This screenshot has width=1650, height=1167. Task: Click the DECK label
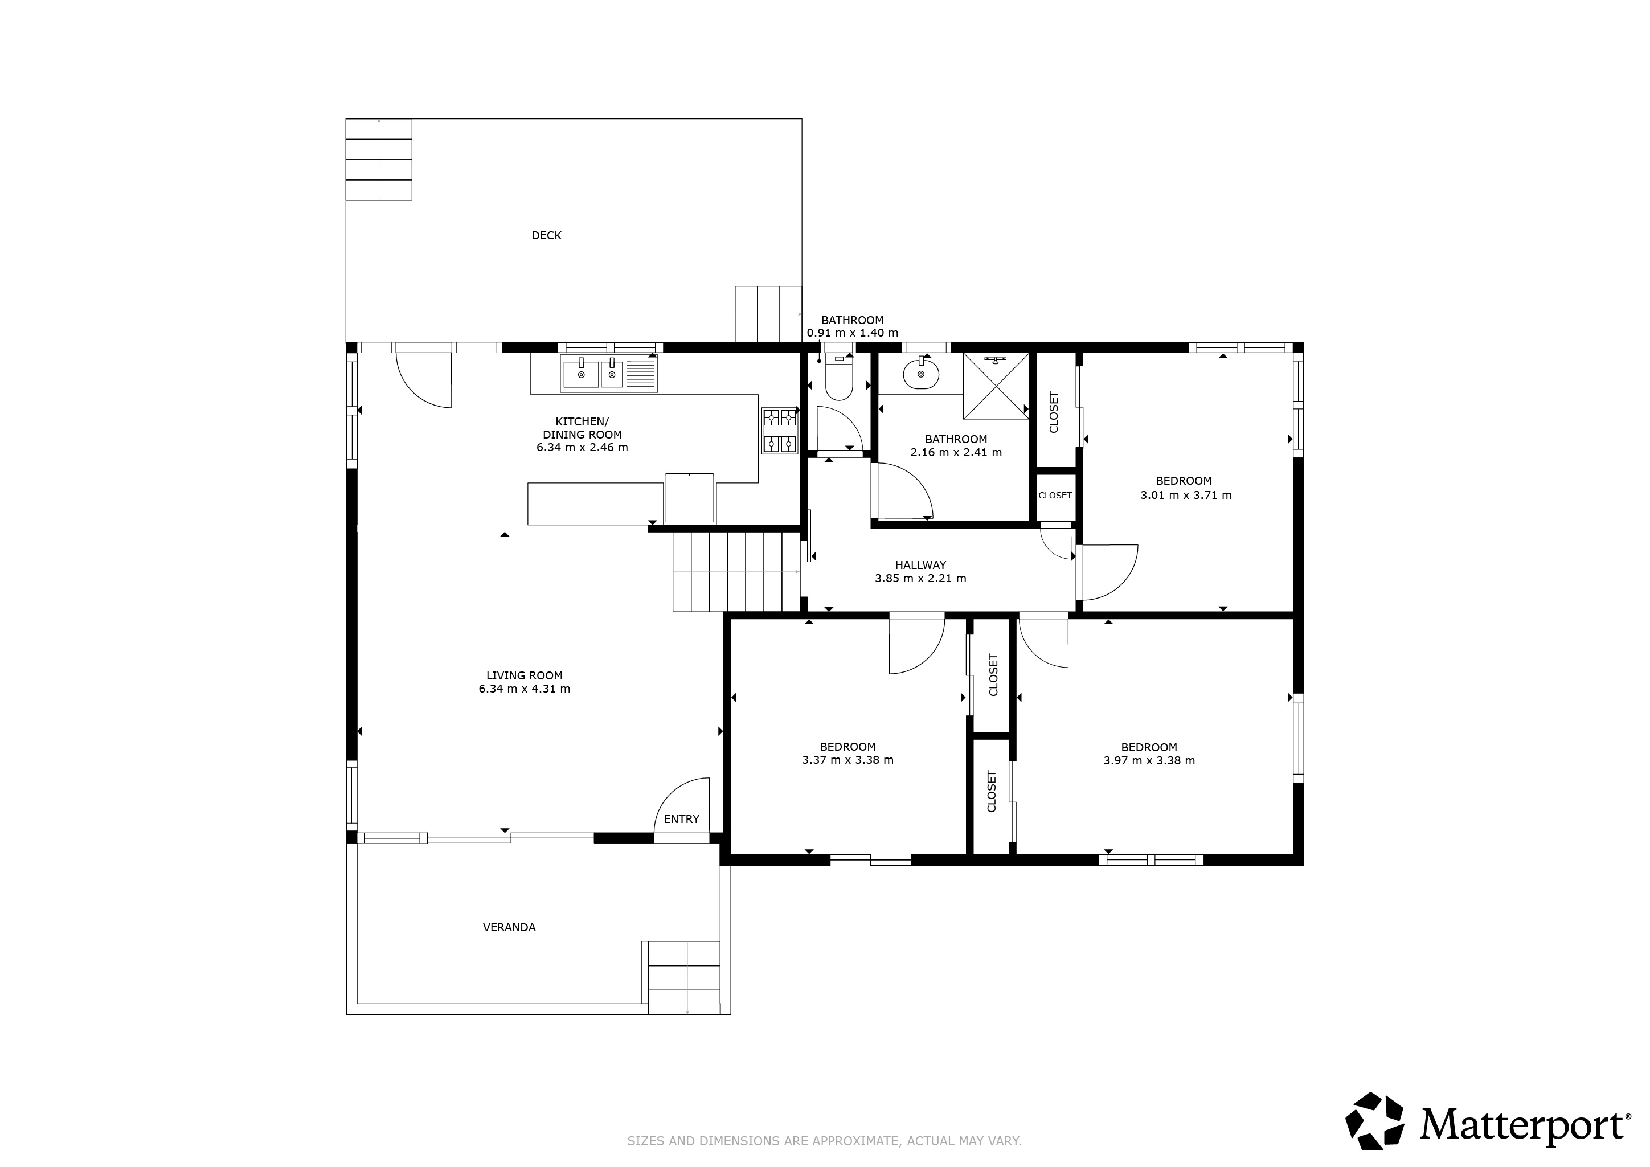546,235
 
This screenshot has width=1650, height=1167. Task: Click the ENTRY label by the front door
681,818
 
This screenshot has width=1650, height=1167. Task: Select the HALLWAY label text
920,565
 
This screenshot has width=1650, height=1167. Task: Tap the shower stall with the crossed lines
996,386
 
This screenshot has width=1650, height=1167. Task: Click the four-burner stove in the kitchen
780,431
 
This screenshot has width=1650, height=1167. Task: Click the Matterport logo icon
1375,1120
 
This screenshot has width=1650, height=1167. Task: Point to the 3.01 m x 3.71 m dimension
1186,495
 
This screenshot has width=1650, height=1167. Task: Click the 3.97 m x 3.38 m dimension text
1149,760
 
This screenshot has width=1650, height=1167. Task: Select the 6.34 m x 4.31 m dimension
525,689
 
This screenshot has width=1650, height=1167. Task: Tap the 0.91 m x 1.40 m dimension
852,333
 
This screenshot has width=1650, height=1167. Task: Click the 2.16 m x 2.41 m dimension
956,452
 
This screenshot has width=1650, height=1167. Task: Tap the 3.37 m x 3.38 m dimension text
848,760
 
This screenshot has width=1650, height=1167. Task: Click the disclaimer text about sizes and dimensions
824,1140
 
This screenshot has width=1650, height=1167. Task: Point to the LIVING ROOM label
525,675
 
